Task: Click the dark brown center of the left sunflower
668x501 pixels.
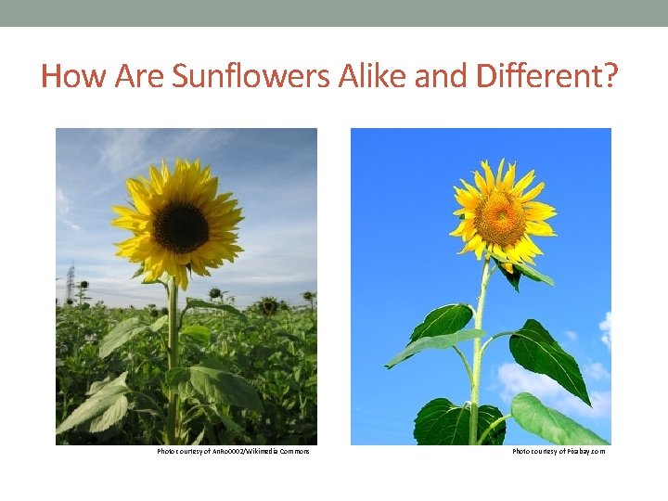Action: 181,227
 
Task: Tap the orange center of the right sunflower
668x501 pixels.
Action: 501,217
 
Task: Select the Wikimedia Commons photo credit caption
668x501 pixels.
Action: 233,452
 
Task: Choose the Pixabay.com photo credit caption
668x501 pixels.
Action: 559,452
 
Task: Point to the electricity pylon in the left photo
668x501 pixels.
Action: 70,282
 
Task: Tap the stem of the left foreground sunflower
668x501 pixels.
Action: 173,362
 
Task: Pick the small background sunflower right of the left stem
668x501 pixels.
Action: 268,304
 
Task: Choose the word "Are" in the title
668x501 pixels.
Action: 140,76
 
